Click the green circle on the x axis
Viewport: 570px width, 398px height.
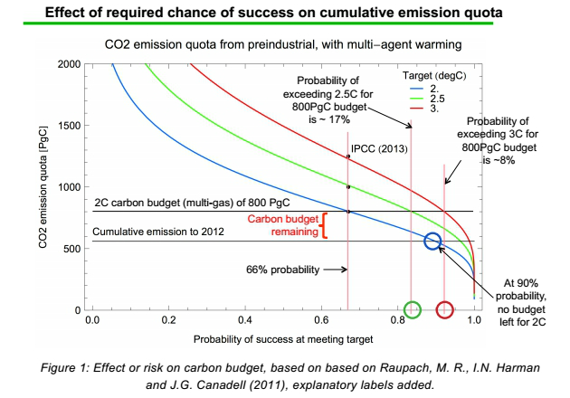click(x=413, y=310)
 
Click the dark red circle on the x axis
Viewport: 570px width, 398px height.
click(x=445, y=310)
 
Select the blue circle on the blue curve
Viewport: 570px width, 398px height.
click(x=432, y=241)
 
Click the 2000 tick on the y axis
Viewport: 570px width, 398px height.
click(x=68, y=64)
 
